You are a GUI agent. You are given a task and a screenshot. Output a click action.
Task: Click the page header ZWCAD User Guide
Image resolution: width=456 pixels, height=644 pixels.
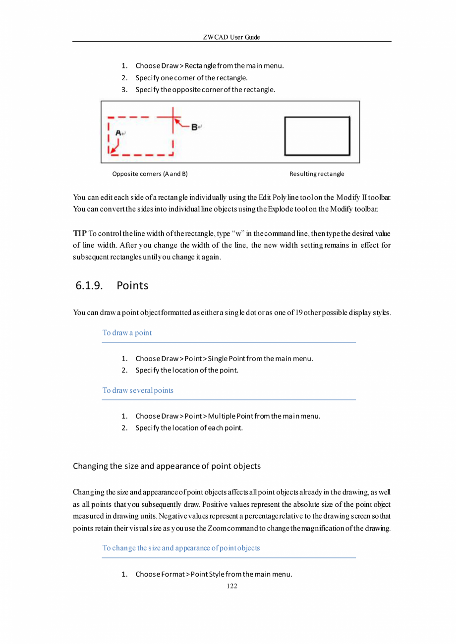click(231, 37)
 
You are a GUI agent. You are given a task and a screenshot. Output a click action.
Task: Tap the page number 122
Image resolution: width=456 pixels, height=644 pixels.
click(231, 586)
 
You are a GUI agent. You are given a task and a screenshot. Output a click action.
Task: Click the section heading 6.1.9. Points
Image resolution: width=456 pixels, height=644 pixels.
click(112, 286)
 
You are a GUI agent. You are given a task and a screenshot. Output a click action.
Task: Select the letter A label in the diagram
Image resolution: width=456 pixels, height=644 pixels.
click(118, 133)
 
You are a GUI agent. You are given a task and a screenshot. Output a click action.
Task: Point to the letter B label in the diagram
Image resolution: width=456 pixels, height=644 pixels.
click(195, 127)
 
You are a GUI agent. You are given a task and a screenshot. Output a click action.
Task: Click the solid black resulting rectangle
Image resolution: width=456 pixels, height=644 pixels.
click(317, 136)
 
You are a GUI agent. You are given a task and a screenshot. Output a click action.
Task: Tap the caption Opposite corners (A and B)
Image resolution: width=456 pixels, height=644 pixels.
click(150, 174)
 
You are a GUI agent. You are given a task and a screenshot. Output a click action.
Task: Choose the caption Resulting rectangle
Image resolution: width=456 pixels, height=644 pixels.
click(317, 174)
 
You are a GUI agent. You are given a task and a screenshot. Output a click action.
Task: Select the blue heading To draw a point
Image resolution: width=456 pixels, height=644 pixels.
click(127, 333)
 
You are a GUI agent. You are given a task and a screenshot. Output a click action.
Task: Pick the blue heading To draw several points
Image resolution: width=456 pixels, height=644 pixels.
click(138, 390)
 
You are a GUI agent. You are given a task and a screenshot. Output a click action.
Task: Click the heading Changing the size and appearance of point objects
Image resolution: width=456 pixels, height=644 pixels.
click(167, 466)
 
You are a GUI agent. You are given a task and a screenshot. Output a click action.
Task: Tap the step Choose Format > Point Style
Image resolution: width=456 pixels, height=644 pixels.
click(214, 575)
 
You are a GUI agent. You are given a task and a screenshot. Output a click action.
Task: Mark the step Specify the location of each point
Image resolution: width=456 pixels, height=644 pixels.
click(189, 428)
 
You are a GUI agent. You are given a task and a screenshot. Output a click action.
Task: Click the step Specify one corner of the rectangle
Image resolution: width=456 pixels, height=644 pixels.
click(191, 78)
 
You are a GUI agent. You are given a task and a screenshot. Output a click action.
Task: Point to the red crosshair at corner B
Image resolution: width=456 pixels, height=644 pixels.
click(173, 118)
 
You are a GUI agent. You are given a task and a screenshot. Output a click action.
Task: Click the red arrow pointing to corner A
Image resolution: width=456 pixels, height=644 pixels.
click(114, 147)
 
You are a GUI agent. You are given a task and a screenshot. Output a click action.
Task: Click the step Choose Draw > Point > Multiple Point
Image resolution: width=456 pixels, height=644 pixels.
click(228, 416)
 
